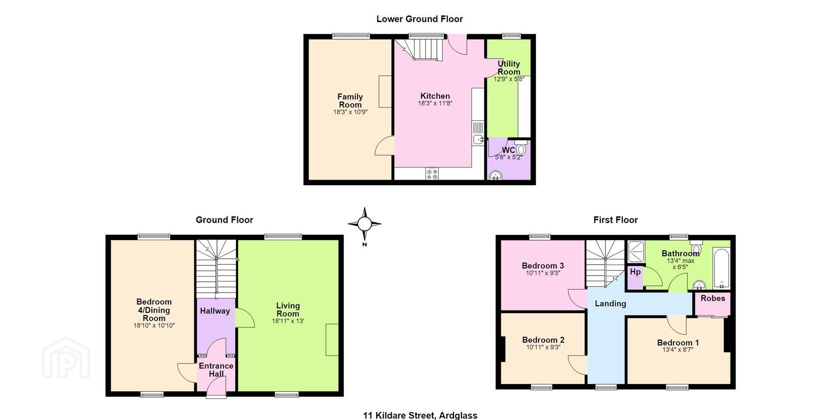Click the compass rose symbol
tap(364, 224)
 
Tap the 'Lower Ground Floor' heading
tap(420, 19)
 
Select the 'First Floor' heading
tap(616, 220)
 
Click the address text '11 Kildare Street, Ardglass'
tap(420, 415)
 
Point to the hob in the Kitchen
tap(432, 174)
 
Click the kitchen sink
tap(478, 133)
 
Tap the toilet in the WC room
tap(520, 147)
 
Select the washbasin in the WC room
tap(495, 175)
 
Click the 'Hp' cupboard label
tap(635, 272)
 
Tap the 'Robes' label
tap(713, 298)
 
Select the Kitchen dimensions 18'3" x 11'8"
tap(435, 104)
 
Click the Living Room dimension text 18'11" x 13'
tap(288, 321)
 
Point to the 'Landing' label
tap(610, 304)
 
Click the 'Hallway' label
tap(215, 311)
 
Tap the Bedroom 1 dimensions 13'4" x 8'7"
tap(678, 350)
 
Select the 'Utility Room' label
tap(509, 68)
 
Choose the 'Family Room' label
tap(350, 101)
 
